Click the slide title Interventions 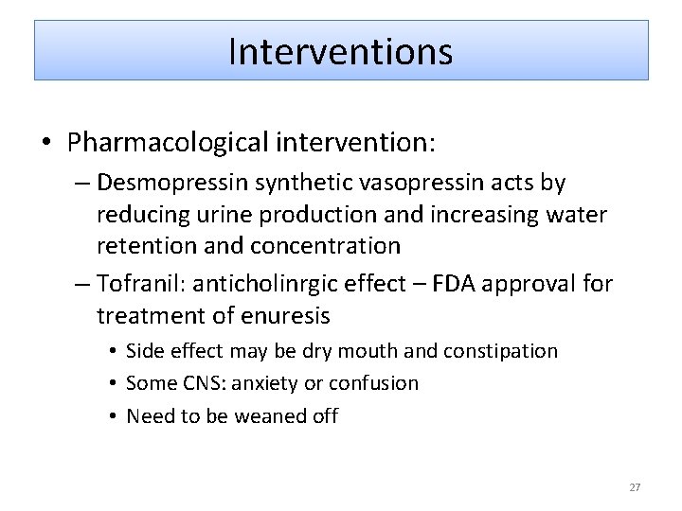point(341,51)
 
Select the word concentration point(326,246)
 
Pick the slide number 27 point(635,487)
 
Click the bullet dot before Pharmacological point(45,144)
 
